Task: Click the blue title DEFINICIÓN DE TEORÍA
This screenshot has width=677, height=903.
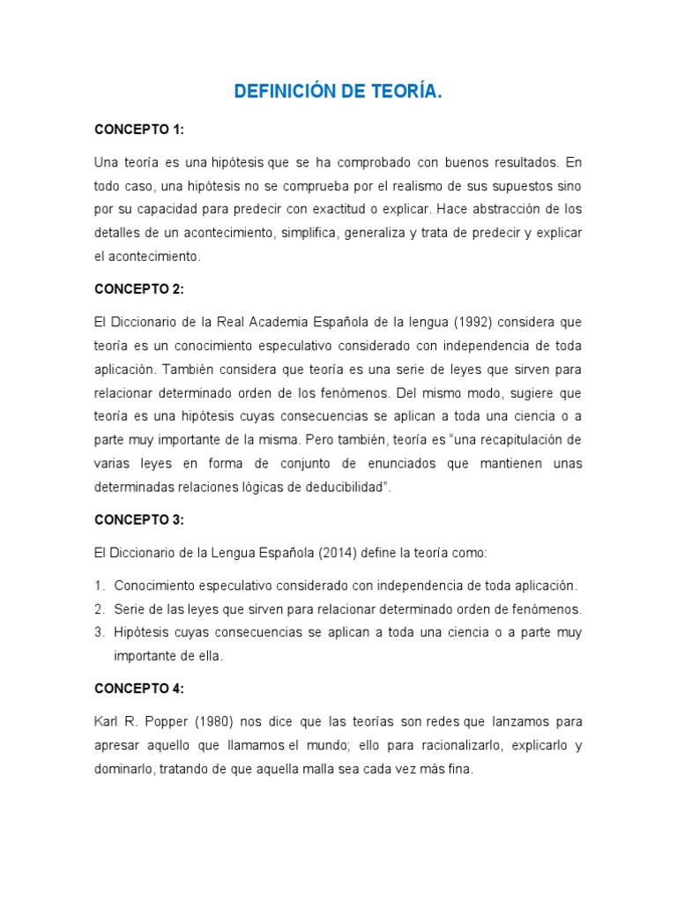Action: click(338, 92)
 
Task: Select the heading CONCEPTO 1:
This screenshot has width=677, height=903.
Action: click(138, 130)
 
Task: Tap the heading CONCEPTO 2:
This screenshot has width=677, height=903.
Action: click(138, 288)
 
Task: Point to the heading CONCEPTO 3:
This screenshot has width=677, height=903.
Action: click(138, 519)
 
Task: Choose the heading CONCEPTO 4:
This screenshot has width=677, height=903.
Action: click(138, 689)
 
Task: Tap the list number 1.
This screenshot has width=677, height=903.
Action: click(100, 586)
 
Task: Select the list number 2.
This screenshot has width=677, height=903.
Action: click(100, 609)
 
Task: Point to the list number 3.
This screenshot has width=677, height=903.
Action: click(100, 632)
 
